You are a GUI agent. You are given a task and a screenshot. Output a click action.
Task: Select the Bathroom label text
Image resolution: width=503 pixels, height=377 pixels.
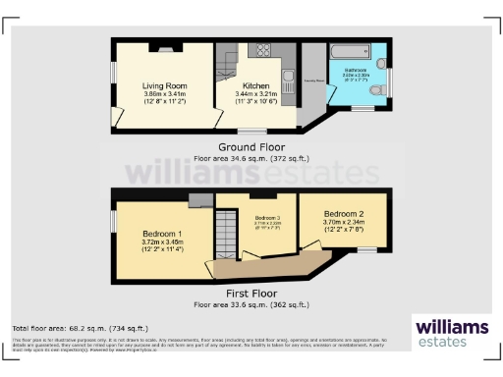[x=355, y=71]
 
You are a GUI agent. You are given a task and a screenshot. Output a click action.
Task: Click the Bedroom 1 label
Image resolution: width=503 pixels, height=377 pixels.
[x=160, y=233]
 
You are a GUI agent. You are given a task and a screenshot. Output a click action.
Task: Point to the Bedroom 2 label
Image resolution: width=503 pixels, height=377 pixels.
[x=345, y=213]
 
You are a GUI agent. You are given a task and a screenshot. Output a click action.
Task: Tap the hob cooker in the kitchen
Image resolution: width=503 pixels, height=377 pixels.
[x=263, y=50]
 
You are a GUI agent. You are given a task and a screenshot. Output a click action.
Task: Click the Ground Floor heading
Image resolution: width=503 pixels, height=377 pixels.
[x=251, y=147]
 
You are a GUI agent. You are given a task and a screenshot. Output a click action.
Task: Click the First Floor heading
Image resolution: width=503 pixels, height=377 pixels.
[x=251, y=294]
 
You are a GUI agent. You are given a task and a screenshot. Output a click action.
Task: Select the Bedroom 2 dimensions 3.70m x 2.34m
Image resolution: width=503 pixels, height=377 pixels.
[x=345, y=223]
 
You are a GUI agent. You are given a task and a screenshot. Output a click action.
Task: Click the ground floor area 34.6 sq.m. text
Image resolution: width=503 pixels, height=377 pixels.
[x=251, y=157]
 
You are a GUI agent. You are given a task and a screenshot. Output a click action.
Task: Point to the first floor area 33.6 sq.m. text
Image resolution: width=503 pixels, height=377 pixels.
[x=251, y=303]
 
